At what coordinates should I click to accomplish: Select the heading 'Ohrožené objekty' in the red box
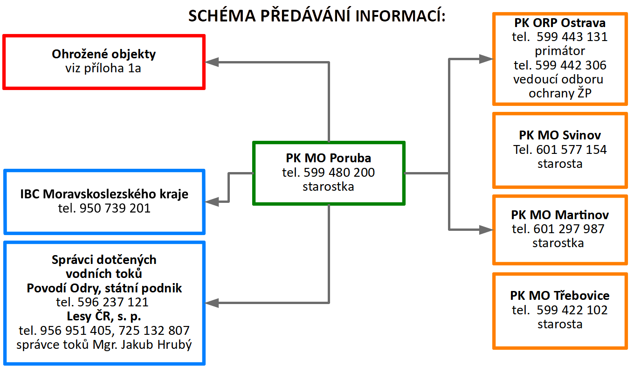[103, 54]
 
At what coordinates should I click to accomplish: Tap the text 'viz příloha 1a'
[103, 69]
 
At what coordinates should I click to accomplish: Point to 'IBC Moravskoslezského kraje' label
[104, 194]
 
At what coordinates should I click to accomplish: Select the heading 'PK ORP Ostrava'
[560, 23]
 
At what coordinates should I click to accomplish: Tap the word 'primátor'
[560, 50]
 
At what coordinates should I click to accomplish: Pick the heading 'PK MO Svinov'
[560, 135]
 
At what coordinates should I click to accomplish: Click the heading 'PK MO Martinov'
[560, 215]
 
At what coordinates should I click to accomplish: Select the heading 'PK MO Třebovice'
[560, 296]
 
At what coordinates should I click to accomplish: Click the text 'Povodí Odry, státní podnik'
[104, 288]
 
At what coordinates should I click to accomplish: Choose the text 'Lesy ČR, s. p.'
[104, 316]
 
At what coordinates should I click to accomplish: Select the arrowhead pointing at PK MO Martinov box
[487, 229]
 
